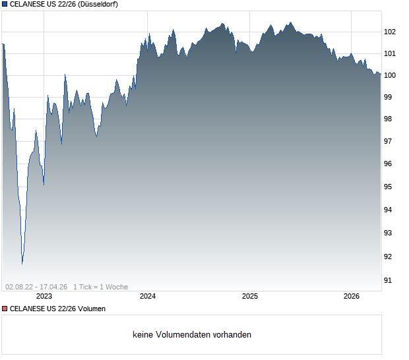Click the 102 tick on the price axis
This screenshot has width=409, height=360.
390,32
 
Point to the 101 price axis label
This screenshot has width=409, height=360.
390,53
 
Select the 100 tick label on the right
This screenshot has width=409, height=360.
390,75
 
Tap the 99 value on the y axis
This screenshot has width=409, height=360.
390,97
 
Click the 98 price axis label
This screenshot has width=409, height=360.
390,119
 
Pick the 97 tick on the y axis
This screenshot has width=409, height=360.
390,141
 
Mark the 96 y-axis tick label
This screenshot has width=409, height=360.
390,164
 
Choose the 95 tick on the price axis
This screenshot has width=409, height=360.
390,187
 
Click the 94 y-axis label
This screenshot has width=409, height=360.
390,210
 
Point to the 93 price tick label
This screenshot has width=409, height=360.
390,233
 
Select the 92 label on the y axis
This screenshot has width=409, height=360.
390,256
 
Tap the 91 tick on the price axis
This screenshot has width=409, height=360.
390,280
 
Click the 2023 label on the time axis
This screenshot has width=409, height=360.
44,297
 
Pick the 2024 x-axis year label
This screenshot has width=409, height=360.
148,297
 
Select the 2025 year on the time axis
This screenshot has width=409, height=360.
250,297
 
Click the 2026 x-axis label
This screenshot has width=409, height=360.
352,297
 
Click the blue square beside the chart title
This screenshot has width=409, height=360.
4,4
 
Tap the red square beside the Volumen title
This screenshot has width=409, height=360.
4,309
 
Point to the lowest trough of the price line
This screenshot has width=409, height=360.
22,264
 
